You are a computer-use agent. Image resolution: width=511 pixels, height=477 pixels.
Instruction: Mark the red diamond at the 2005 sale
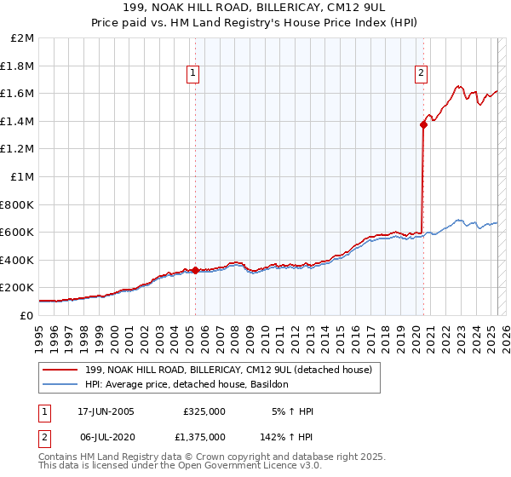click(195, 271)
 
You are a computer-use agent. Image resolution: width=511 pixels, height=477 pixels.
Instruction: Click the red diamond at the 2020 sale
click(422, 125)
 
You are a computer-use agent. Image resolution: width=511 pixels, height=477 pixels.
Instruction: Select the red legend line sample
click(60, 371)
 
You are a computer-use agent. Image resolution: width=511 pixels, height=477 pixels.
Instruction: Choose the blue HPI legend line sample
click(60, 385)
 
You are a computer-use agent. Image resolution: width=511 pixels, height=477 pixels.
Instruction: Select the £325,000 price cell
click(204, 411)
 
